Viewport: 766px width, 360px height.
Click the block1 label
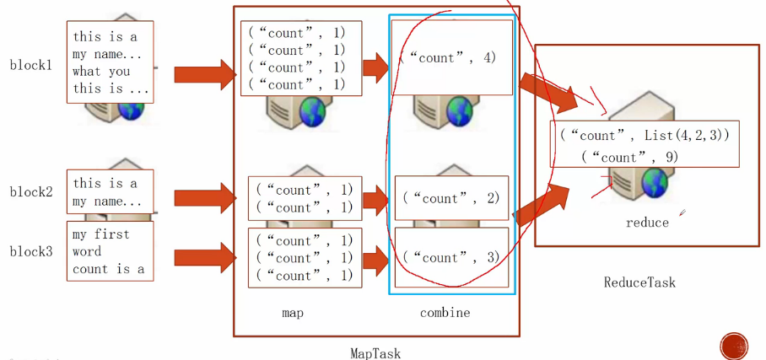point(31,65)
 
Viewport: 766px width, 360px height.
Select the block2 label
point(31,191)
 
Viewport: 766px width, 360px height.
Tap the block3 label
point(31,251)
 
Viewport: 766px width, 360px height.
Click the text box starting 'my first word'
point(110,251)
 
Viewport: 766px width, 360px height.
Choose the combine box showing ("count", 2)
point(451,198)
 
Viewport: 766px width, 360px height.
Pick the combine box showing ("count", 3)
point(451,257)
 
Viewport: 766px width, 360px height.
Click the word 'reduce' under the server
point(647,223)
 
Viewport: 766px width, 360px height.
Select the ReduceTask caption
point(639,282)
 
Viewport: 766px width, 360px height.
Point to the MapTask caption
point(376,353)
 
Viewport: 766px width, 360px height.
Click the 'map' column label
point(293,313)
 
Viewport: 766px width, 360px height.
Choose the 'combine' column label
point(445,313)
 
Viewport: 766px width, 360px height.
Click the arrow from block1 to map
point(206,74)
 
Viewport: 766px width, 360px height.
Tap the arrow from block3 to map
point(206,258)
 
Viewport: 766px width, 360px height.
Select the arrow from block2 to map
point(206,199)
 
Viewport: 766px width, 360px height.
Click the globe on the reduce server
point(653,181)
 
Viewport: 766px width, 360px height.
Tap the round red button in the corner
point(734,347)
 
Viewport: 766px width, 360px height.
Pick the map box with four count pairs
point(296,58)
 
